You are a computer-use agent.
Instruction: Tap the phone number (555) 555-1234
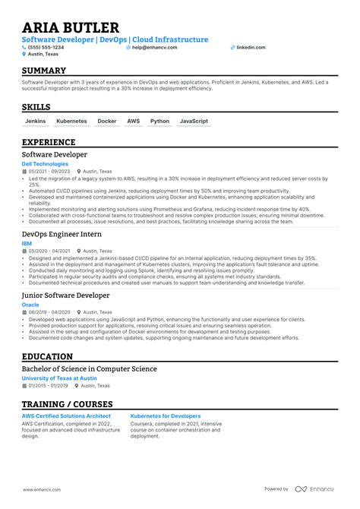(x=46, y=47)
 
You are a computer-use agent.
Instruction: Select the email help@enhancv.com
(x=154, y=47)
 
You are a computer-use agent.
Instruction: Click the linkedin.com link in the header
(x=251, y=47)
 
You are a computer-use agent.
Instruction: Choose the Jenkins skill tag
(x=36, y=121)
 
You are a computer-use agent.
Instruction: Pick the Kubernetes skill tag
(x=72, y=121)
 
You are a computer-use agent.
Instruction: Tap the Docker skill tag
(x=107, y=121)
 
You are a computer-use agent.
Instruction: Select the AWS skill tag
(x=134, y=121)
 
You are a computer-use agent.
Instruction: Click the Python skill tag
(x=159, y=121)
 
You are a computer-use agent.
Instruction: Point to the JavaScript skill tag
(x=194, y=121)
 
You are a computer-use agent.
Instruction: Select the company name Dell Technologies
(x=45, y=163)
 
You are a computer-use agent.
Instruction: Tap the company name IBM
(x=27, y=244)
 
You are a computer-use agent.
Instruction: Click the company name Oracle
(x=30, y=304)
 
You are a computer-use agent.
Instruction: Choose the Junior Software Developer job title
(x=66, y=295)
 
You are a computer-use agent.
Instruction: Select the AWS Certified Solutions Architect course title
(x=66, y=416)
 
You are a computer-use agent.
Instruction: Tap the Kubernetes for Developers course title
(x=166, y=416)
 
